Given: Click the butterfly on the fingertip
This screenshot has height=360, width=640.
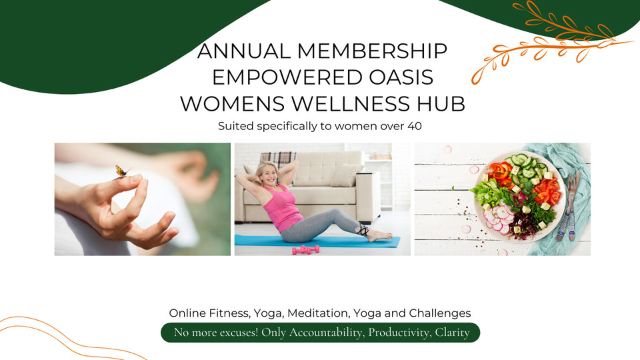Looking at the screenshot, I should pos(121,171).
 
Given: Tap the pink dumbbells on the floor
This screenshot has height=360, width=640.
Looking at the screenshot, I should pos(305,249).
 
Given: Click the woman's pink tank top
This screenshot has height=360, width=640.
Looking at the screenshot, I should pos(283,207).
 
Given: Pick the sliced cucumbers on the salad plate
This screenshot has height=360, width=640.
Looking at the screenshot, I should pos(524,167).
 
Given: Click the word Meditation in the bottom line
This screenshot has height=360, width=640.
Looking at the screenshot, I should pos(324,313).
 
